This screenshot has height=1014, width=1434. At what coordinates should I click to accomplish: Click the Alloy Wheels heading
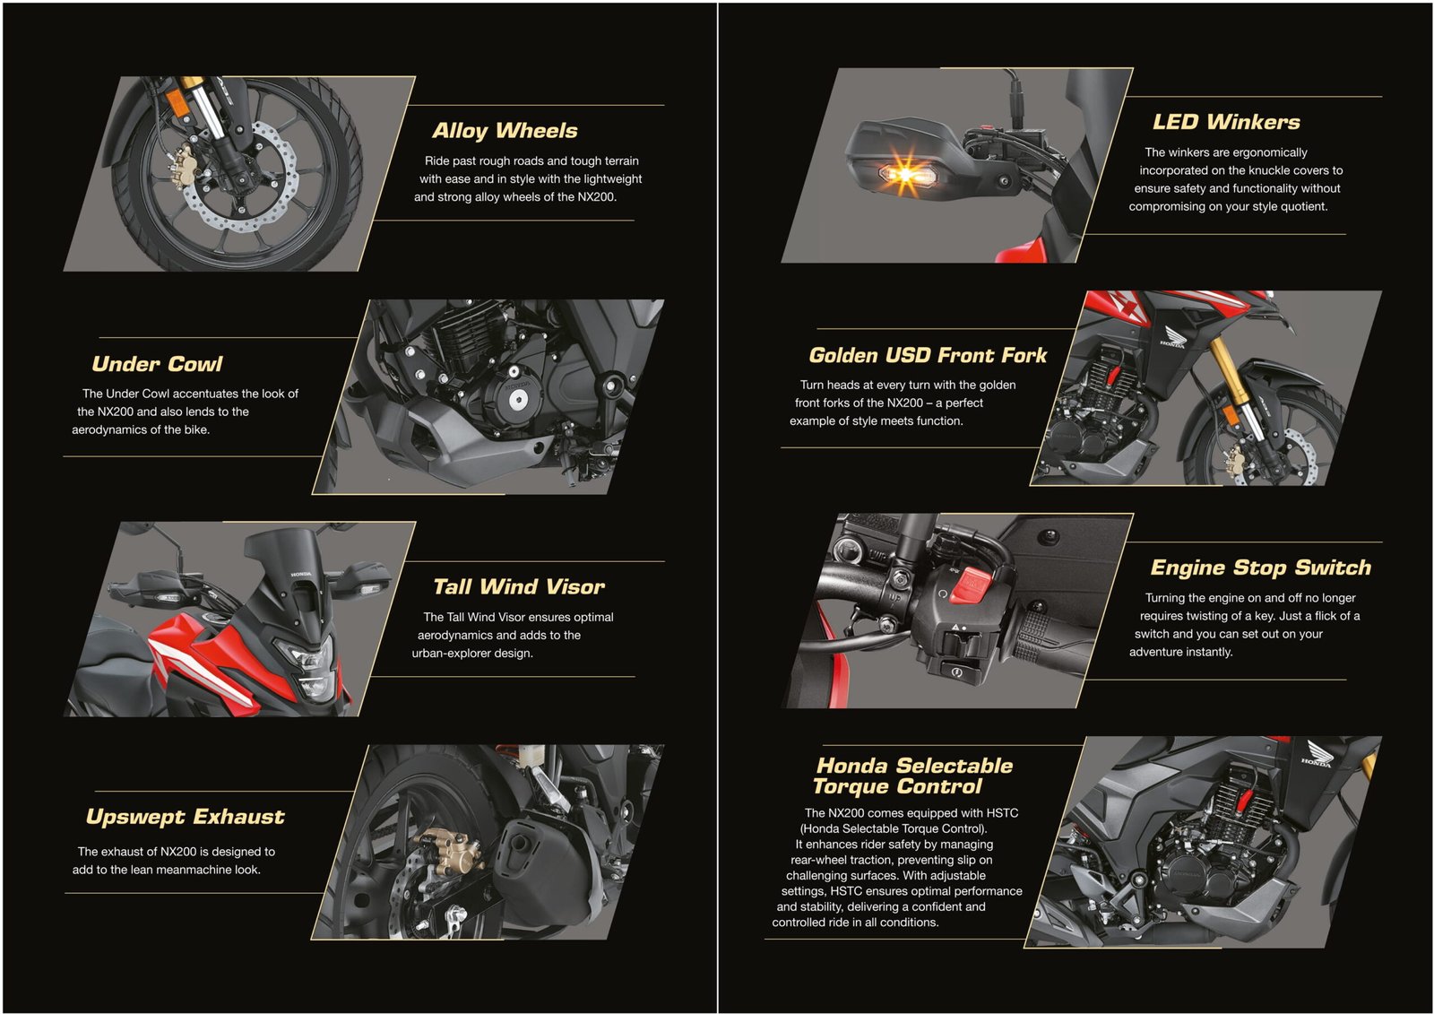point(505,131)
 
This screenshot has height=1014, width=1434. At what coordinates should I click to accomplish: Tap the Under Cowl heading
point(157,364)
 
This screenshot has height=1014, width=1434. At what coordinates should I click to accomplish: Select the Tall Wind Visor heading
point(519,586)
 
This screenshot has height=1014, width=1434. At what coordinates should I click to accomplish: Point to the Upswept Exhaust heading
point(185,817)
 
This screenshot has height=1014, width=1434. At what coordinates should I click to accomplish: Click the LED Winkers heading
point(1226,122)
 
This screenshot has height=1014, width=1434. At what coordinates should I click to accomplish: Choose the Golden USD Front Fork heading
point(928,355)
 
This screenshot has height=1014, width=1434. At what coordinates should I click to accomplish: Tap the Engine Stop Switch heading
point(1260,568)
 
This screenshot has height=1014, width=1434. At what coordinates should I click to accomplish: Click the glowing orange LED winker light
point(904,172)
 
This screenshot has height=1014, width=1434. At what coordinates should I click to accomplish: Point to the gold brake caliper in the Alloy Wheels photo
point(178,165)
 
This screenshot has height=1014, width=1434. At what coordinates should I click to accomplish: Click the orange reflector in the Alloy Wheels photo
point(179,104)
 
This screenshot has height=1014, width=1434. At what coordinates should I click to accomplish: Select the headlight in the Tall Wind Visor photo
point(310,667)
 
